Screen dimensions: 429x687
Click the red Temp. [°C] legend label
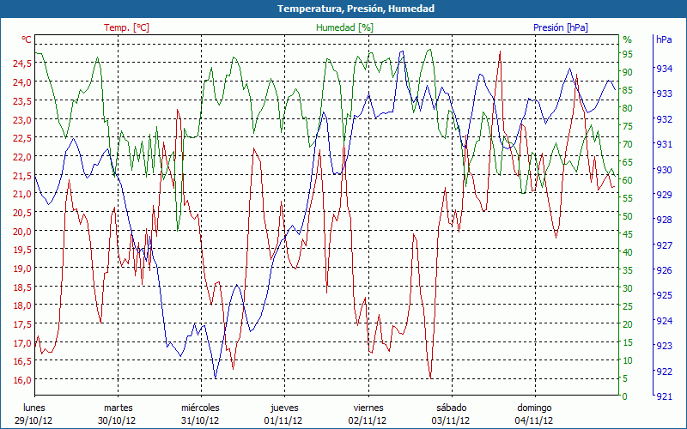pyautogui.click(x=127, y=27)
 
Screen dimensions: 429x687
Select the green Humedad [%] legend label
pyautogui.click(x=345, y=27)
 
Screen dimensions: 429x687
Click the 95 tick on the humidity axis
pyautogui.click(x=628, y=54)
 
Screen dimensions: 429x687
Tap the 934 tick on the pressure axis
pyautogui.click(x=663, y=69)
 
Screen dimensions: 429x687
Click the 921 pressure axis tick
pyautogui.click(x=663, y=396)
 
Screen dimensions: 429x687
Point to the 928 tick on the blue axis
pyautogui.click(x=663, y=221)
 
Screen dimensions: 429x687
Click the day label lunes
pyautogui.click(x=34, y=408)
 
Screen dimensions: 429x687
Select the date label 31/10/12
pyautogui.click(x=200, y=420)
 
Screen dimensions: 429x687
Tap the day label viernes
pyautogui.click(x=368, y=408)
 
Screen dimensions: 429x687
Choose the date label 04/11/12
pyautogui.click(x=534, y=420)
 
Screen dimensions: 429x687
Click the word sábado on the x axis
pyautogui.click(x=451, y=408)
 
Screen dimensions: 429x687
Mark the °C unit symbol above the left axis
pyautogui.click(x=27, y=39)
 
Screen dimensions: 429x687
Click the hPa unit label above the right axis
pyautogui.click(x=664, y=39)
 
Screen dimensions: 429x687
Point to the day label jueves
pyautogui.click(x=284, y=408)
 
